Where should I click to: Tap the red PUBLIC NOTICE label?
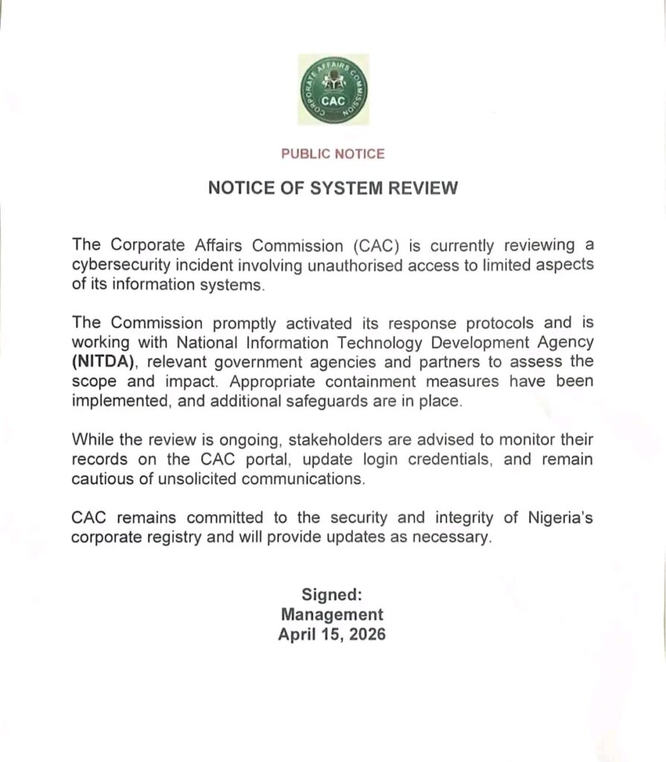(333, 154)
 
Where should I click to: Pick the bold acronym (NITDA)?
(100, 362)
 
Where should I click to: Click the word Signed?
(332, 595)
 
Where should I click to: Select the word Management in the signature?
(332, 615)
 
